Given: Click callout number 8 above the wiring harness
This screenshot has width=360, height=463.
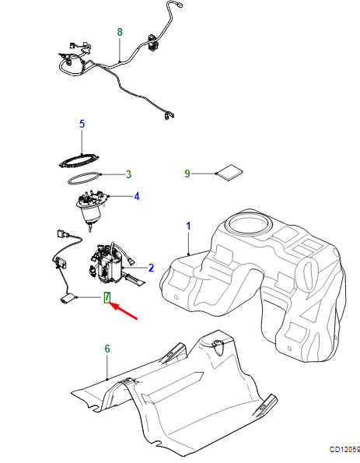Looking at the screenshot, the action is pyautogui.click(x=120, y=32).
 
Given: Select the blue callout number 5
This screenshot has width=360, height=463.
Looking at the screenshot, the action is pyautogui.click(x=82, y=124).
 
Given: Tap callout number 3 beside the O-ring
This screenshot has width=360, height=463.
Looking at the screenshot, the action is pyautogui.click(x=128, y=174).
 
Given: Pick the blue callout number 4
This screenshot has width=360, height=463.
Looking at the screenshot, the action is pyautogui.click(x=137, y=196).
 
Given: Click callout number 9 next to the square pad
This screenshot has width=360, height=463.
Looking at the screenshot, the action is pyautogui.click(x=187, y=174).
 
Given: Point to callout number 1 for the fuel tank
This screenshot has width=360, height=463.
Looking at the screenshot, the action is pyautogui.click(x=188, y=226).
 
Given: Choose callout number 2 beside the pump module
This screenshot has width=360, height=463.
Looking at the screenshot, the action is pyautogui.click(x=151, y=268).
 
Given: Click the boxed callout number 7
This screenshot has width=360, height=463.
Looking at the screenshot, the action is pyautogui.click(x=107, y=297).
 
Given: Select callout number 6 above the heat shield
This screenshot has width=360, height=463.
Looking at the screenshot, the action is pyautogui.click(x=107, y=349).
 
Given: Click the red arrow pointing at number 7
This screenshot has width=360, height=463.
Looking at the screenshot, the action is pyautogui.click(x=124, y=310).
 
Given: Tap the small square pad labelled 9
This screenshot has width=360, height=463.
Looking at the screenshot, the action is pyautogui.click(x=229, y=173).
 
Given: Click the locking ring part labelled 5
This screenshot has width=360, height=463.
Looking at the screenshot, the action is pyautogui.click(x=79, y=161).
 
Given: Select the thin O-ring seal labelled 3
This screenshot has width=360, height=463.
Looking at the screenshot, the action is pyautogui.click(x=84, y=178).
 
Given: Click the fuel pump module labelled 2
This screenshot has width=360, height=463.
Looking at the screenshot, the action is pyautogui.click(x=111, y=263).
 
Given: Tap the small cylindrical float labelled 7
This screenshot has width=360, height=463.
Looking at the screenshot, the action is pyautogui.click(x=68, y=299).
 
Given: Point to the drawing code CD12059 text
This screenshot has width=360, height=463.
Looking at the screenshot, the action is pyautogui.click(x=344, y=450).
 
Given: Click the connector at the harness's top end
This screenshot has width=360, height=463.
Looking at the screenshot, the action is pyautogui.click(x=178, y=5).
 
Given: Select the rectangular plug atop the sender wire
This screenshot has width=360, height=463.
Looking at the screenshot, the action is pyautogui.click(x=62, y=234).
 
